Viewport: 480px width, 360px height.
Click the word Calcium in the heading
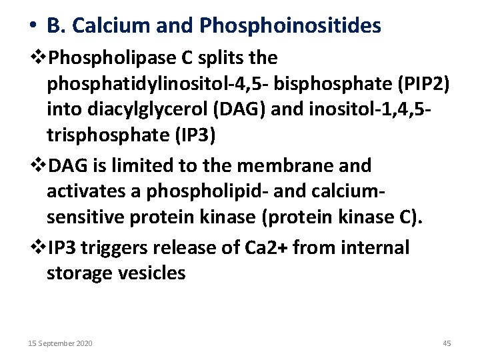tap(106, 25)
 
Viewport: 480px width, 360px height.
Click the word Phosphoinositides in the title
tap(290, 25)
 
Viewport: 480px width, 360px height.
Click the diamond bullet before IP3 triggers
tap(41, 247)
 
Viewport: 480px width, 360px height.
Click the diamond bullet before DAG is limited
tap(41, 165)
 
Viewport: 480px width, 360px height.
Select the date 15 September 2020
tap(60, 343)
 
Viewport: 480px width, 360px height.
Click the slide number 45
tap(447, 343)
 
